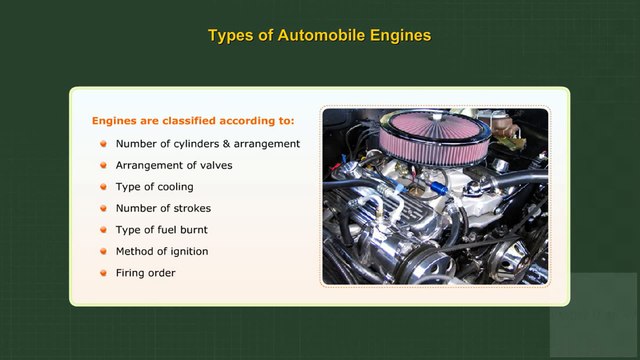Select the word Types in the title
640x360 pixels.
tap(229, 36)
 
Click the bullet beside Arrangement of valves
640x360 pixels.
tap(103, 165)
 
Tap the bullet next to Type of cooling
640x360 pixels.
tap(103, 187)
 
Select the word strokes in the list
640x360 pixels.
tap(192, 208)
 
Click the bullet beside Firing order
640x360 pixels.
tap(103, 273)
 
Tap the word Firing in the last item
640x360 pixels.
tap(130, 273)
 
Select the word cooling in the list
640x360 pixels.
tap(173, 187)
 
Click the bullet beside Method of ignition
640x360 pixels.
tap(103, 251)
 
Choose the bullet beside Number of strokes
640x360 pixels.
tap(103, 208)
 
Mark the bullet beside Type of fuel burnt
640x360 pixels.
tap(103, 230)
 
